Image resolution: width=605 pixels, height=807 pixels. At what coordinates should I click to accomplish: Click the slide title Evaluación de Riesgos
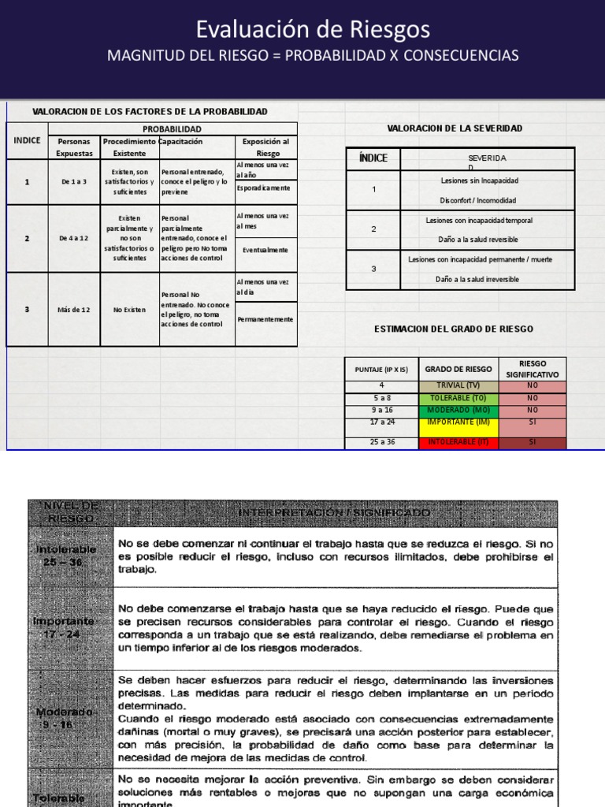tap(313, 30)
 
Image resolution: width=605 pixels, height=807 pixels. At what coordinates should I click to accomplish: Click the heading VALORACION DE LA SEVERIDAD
tap(455, 128)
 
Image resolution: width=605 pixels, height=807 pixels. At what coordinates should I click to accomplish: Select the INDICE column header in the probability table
tap(27, 139)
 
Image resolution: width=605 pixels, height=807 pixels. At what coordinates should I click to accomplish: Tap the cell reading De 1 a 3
tap(74, 181)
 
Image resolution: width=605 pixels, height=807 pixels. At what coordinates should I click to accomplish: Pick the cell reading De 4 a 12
tap(74, 238)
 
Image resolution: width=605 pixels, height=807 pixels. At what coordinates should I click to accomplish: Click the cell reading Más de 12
tap(74, 310)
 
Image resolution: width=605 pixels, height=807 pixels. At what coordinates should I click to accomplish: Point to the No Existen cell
tap(129, 310)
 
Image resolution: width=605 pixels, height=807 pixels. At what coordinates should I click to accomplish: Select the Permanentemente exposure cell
tap(265, 319)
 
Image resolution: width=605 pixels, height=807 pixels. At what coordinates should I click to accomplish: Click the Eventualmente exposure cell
tap(265, 249)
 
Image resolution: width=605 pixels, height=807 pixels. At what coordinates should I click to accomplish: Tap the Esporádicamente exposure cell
tap(265, 188)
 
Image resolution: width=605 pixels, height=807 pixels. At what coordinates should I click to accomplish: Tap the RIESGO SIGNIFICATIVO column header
tap(533, 369)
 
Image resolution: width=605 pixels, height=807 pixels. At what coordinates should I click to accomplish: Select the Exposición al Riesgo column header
tap(266, 147)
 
